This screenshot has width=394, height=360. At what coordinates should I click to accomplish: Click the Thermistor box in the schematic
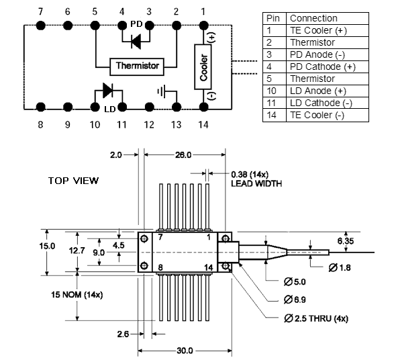137,67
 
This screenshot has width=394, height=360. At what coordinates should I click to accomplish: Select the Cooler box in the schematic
203,67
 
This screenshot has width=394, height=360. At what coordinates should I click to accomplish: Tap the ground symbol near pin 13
161,91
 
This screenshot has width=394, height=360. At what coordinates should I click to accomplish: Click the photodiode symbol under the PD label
136,42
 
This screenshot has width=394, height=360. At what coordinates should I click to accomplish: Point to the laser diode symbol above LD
108,91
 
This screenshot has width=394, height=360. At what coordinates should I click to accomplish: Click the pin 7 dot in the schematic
41,26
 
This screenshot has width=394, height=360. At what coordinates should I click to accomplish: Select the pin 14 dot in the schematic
203,107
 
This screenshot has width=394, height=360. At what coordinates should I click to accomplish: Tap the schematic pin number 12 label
149,124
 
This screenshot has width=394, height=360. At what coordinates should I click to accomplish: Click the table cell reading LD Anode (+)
318,91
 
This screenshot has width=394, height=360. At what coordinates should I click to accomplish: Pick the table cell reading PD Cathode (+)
323,66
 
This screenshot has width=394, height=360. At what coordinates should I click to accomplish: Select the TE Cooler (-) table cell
317,115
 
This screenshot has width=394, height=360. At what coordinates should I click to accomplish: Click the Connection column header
313,18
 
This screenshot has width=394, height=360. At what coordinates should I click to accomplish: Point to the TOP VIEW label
73,181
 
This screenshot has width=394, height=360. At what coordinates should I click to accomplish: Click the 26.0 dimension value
183,155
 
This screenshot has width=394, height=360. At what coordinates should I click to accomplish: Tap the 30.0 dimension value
185,351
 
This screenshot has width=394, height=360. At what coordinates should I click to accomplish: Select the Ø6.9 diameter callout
295,300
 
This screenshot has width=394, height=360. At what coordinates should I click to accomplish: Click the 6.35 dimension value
346,241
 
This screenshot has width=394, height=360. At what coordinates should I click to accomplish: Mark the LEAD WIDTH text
256,183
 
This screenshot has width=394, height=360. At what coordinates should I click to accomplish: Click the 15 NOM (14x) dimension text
77,294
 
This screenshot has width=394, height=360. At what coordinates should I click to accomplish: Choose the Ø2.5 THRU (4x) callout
316,318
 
